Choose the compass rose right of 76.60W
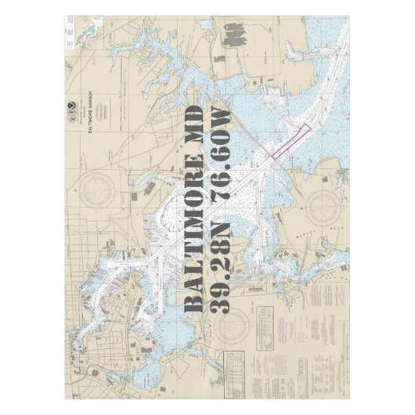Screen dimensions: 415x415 (322, 207)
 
